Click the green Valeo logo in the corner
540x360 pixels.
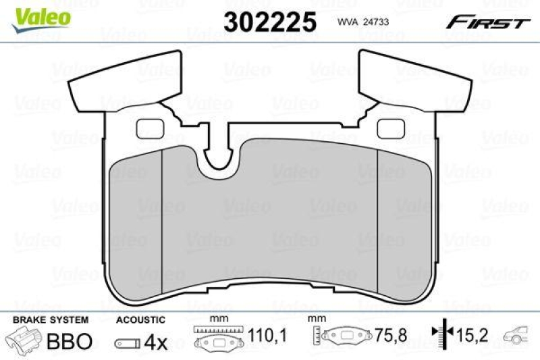click(x=42, y=16)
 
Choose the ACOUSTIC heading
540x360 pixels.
click(x=140, y=319)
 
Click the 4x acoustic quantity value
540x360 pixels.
click(x=156, y=342)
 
